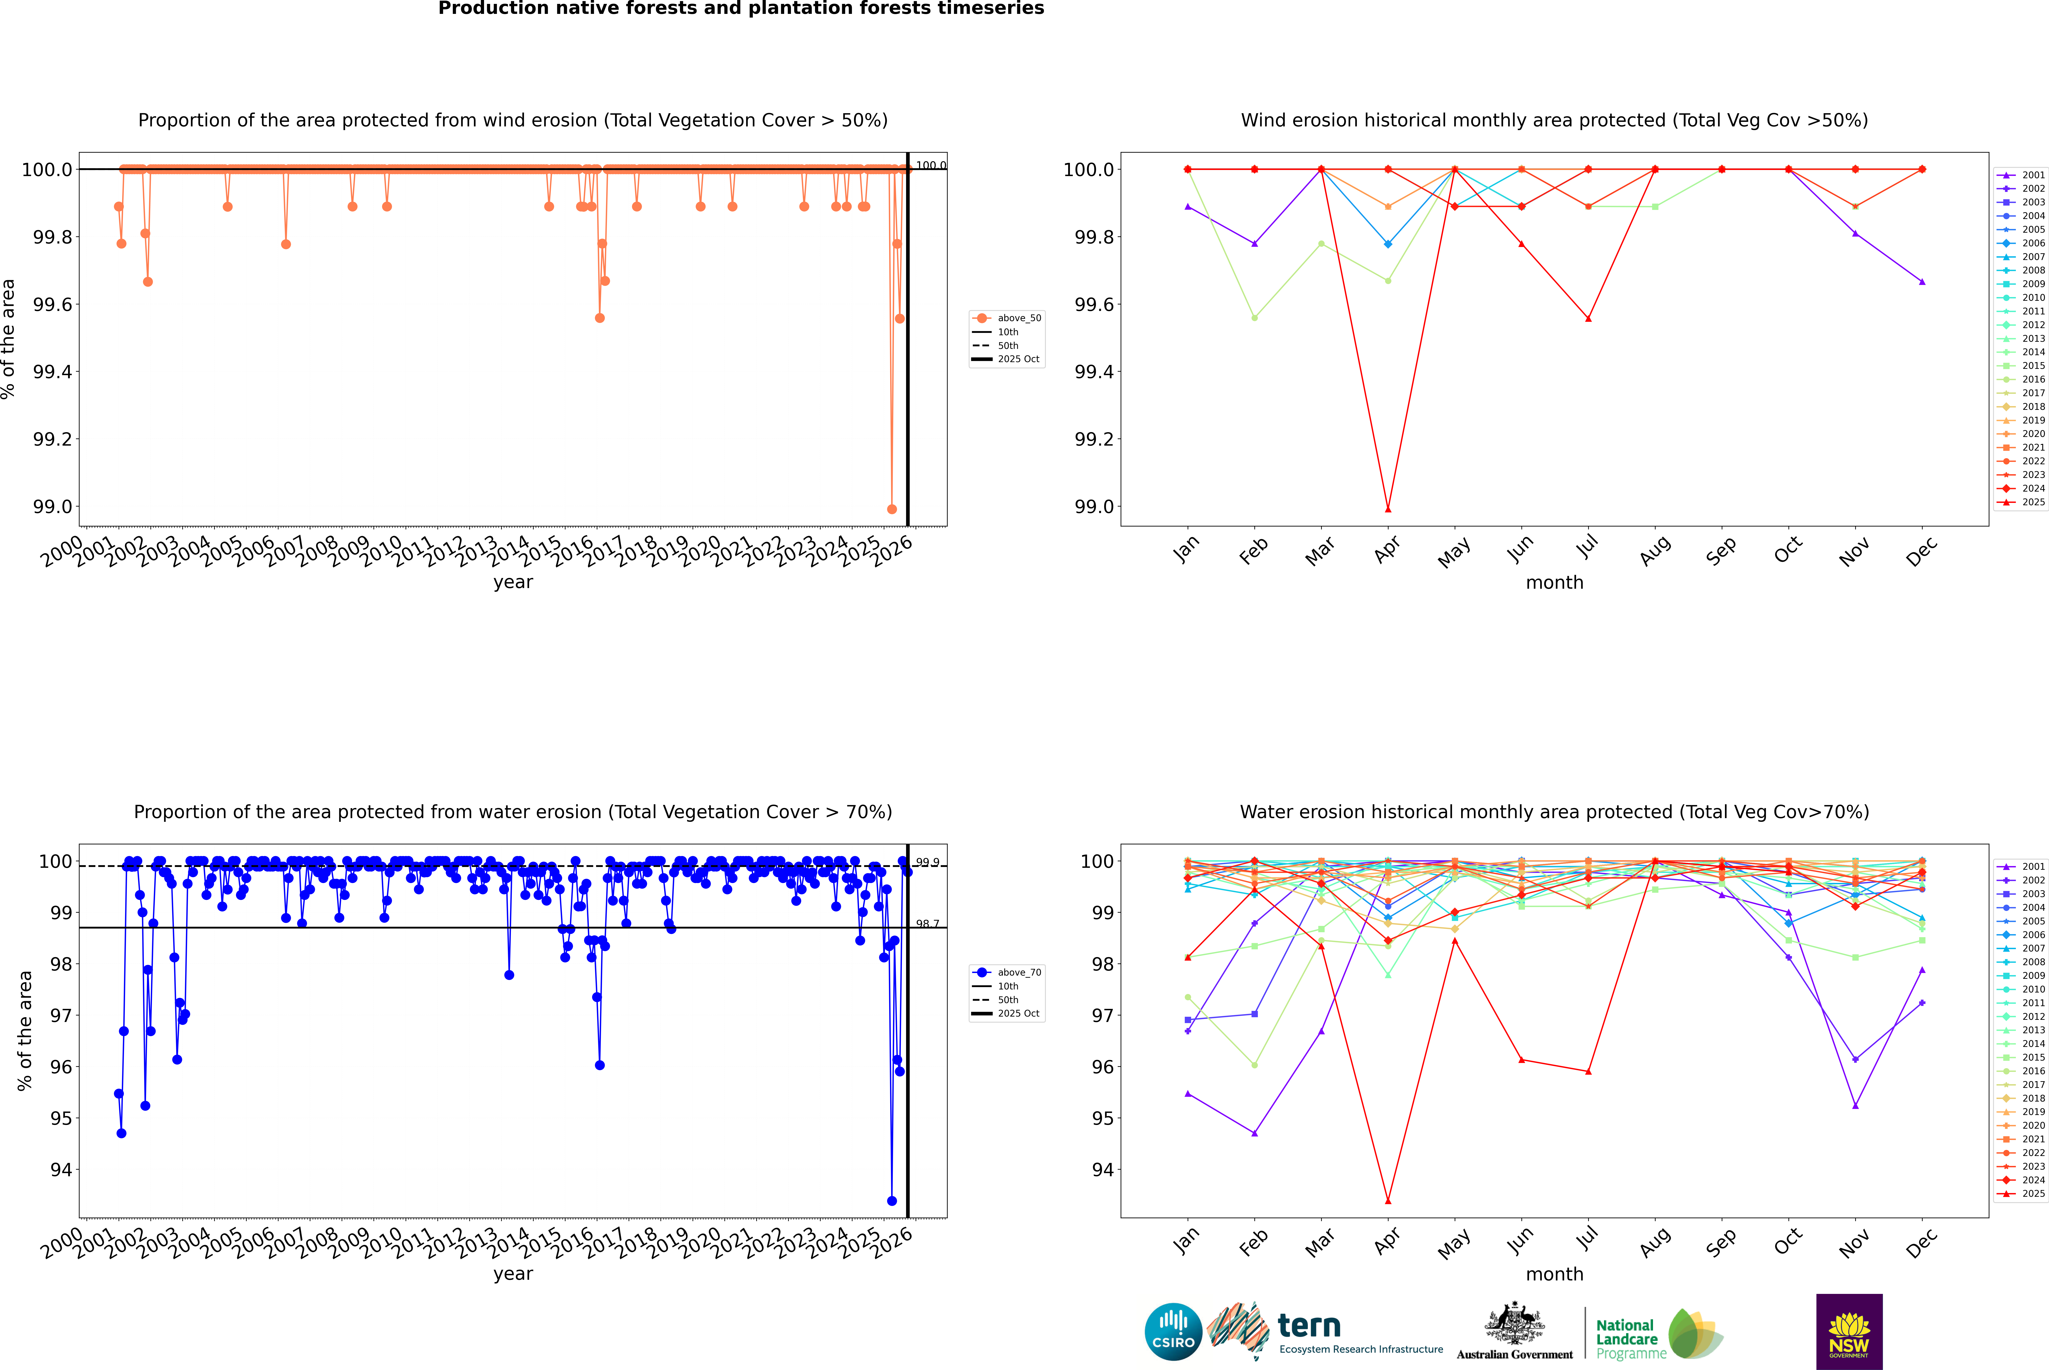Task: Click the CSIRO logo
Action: coord(1173,1332)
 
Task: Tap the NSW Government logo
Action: coord(1849,1332)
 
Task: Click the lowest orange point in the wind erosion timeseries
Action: coord(892,508)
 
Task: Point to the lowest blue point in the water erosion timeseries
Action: coord(892,1200)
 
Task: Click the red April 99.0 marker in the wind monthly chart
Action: coord(1388,508)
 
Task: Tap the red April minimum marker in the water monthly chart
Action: coord(1388,1200)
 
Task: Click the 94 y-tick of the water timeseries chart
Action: coord(61,1170)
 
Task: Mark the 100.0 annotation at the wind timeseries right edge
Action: coord(930,165)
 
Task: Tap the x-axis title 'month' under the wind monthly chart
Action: coord(1554,583)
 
